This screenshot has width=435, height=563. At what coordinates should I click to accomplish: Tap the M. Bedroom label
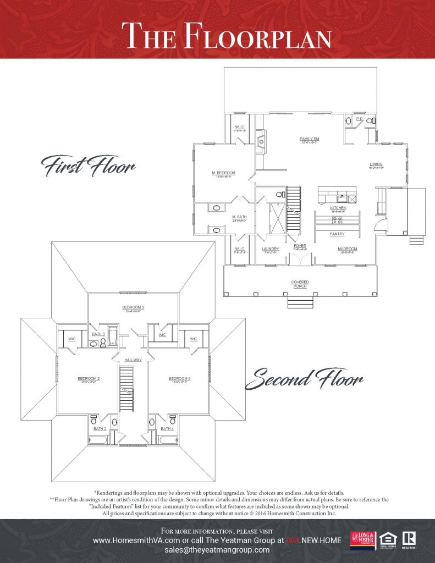tap(224, 173)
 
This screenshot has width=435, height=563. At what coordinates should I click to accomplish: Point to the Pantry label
tap(337, 234)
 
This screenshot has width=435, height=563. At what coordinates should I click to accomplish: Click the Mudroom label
tap(347, 249)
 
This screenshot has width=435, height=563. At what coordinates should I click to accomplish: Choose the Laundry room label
tap(271, 249)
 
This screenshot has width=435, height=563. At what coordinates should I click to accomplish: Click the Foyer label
tap(300, 246)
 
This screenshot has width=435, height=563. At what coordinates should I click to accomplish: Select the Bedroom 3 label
tap(133, 307)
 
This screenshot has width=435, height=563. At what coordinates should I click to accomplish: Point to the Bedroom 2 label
tap(88, 379)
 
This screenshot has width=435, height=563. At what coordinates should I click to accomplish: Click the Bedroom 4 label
tap(179, 379)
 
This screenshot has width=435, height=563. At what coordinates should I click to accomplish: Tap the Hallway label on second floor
tap(133, 360)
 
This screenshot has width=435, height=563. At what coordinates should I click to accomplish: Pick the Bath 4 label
tap(167, 428)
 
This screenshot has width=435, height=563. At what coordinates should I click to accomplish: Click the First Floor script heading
tap(88, 165)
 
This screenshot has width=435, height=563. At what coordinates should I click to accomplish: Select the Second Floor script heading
tap(304, 379)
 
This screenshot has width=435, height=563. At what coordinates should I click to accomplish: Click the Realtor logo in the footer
tap(408, 539)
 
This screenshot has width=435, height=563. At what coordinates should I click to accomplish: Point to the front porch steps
tap(300, 302)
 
